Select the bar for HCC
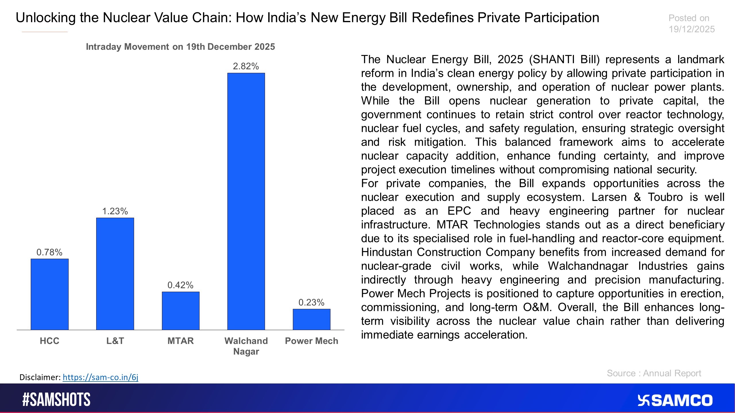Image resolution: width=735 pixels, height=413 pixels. click(x=49, y=294)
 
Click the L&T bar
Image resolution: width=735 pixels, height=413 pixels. click(x=115, y=274)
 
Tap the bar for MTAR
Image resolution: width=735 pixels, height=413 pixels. click(x=181, y=311)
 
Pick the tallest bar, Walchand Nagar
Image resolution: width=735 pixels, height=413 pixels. click(x=246, y=201)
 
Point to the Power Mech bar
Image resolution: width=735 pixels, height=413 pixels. click(x=312, y=319)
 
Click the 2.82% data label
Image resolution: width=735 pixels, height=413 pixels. click(x=246, y=66)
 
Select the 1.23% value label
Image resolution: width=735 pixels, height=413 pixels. click(x=115, y=211)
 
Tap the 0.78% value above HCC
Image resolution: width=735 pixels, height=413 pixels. click(x=49, y=252)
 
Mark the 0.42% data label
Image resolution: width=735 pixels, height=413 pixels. click(x=180, y=285)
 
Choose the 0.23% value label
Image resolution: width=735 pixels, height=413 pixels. click(x=311, y=302)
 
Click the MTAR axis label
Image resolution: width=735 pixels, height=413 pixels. click(x=181, y=341)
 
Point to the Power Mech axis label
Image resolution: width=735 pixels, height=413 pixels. click(x=312, y=341)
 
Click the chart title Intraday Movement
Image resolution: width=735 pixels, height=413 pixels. click(x=180, y=47)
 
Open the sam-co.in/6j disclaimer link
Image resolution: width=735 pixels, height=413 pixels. click(x=100, y=377)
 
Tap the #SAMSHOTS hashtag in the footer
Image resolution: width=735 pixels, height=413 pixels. click(x=56, y=400)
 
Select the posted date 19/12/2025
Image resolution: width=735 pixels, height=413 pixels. click(x=692, y=29)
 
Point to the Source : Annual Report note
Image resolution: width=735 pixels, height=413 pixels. click(x=654, y=373)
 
